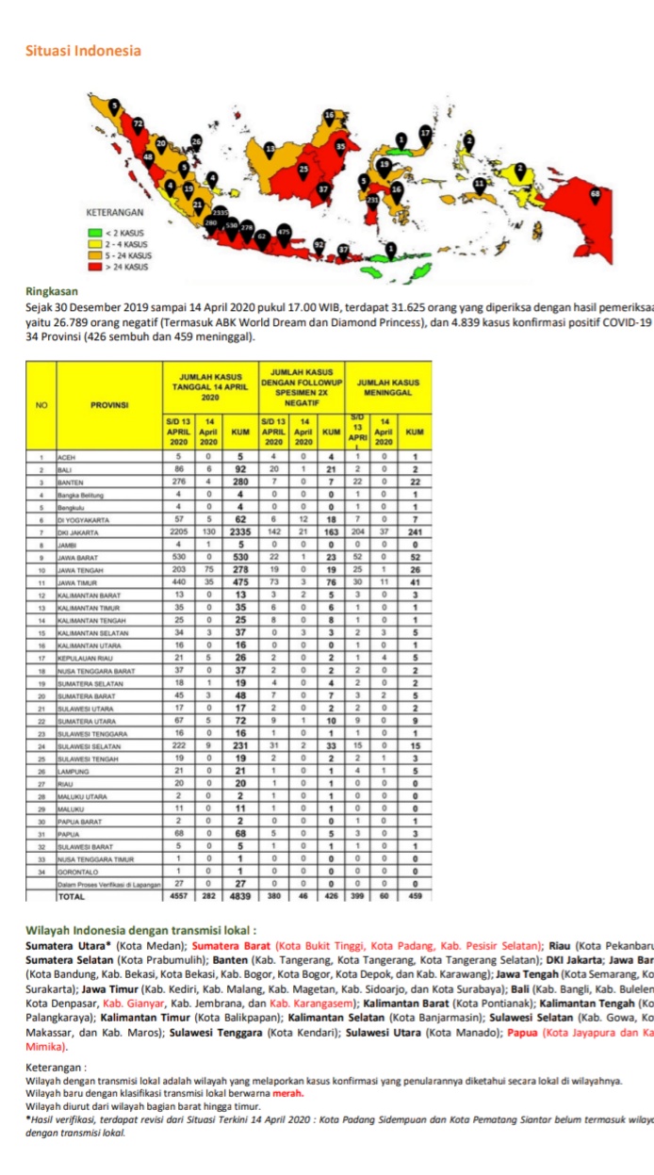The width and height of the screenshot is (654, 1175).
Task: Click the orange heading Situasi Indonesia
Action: pyautogui.click(x=84, y=51)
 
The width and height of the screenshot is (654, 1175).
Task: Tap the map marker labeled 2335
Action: pyautogui.click(x=220, y=213)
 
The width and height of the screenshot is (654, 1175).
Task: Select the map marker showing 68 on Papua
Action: pyautogui.click(x=594, y=194)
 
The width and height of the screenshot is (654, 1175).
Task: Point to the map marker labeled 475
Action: pyautogui.click(x=283, y=231)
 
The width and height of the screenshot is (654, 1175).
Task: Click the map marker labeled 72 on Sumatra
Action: pyautogui.click(x=138, y=123)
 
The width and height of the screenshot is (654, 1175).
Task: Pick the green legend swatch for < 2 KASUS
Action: pyautogui.click(x=94, y=232)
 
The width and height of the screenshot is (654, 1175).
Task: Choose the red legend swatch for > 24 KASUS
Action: pyautogui.click(x=94, y=267)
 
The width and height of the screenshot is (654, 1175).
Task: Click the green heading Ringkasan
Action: pyautogui.click(x=52, y=292)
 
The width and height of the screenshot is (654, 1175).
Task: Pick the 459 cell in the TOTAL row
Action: pyautogui.click(x=415, y=896)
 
